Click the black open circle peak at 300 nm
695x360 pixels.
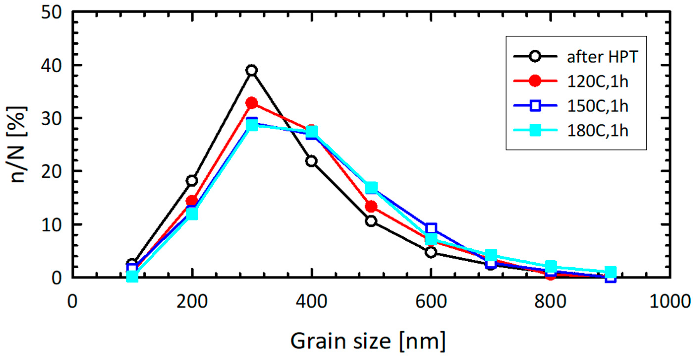tap(252, 70)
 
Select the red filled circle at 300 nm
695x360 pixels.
tap(252, 103)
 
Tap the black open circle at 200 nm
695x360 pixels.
tap(192, 181)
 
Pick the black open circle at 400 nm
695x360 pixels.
tap(311, 161)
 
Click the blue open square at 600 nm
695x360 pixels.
tap(431, 228)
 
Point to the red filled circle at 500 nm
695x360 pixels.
tap(371, 206)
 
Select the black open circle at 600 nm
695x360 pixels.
tap(431, 252)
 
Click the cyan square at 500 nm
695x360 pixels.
tap(371, 188)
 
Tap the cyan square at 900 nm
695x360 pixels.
tap(610, 272)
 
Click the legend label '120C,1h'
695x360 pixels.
tap(598, 81)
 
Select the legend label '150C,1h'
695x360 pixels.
tap(598, 106)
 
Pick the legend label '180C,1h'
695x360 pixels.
tap(598, 131)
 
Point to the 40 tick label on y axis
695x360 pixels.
tap(51, 66)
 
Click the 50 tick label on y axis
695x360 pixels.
tap(51, 13)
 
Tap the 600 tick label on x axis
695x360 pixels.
tap(431, 302)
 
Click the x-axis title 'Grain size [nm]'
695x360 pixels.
tap(368, 341)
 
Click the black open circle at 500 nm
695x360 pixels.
tap(371, 221)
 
